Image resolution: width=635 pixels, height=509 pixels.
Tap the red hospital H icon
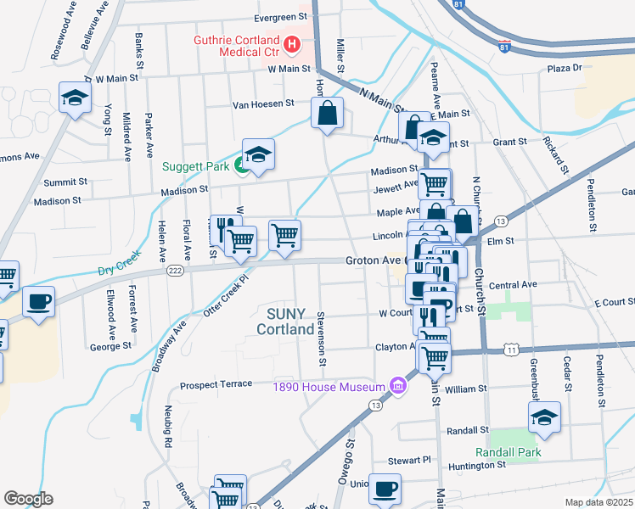click(x=292, y=43)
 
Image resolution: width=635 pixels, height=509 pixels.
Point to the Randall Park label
click(x=508, y=453)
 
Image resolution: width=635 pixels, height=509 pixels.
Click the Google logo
click(x=28, y=498)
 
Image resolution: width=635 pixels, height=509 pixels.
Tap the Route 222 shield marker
click(x=174, y=270)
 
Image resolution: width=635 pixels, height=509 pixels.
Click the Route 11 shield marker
click(x=510, y=349)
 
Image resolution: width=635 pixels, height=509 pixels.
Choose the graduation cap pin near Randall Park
click(x=544, y=417)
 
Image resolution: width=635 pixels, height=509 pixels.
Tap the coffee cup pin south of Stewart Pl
click(x=385, y=489)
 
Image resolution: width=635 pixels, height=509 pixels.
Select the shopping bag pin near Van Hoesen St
click(x=327, y=114)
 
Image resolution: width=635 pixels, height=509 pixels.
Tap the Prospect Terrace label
click(x=216, y=385)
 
